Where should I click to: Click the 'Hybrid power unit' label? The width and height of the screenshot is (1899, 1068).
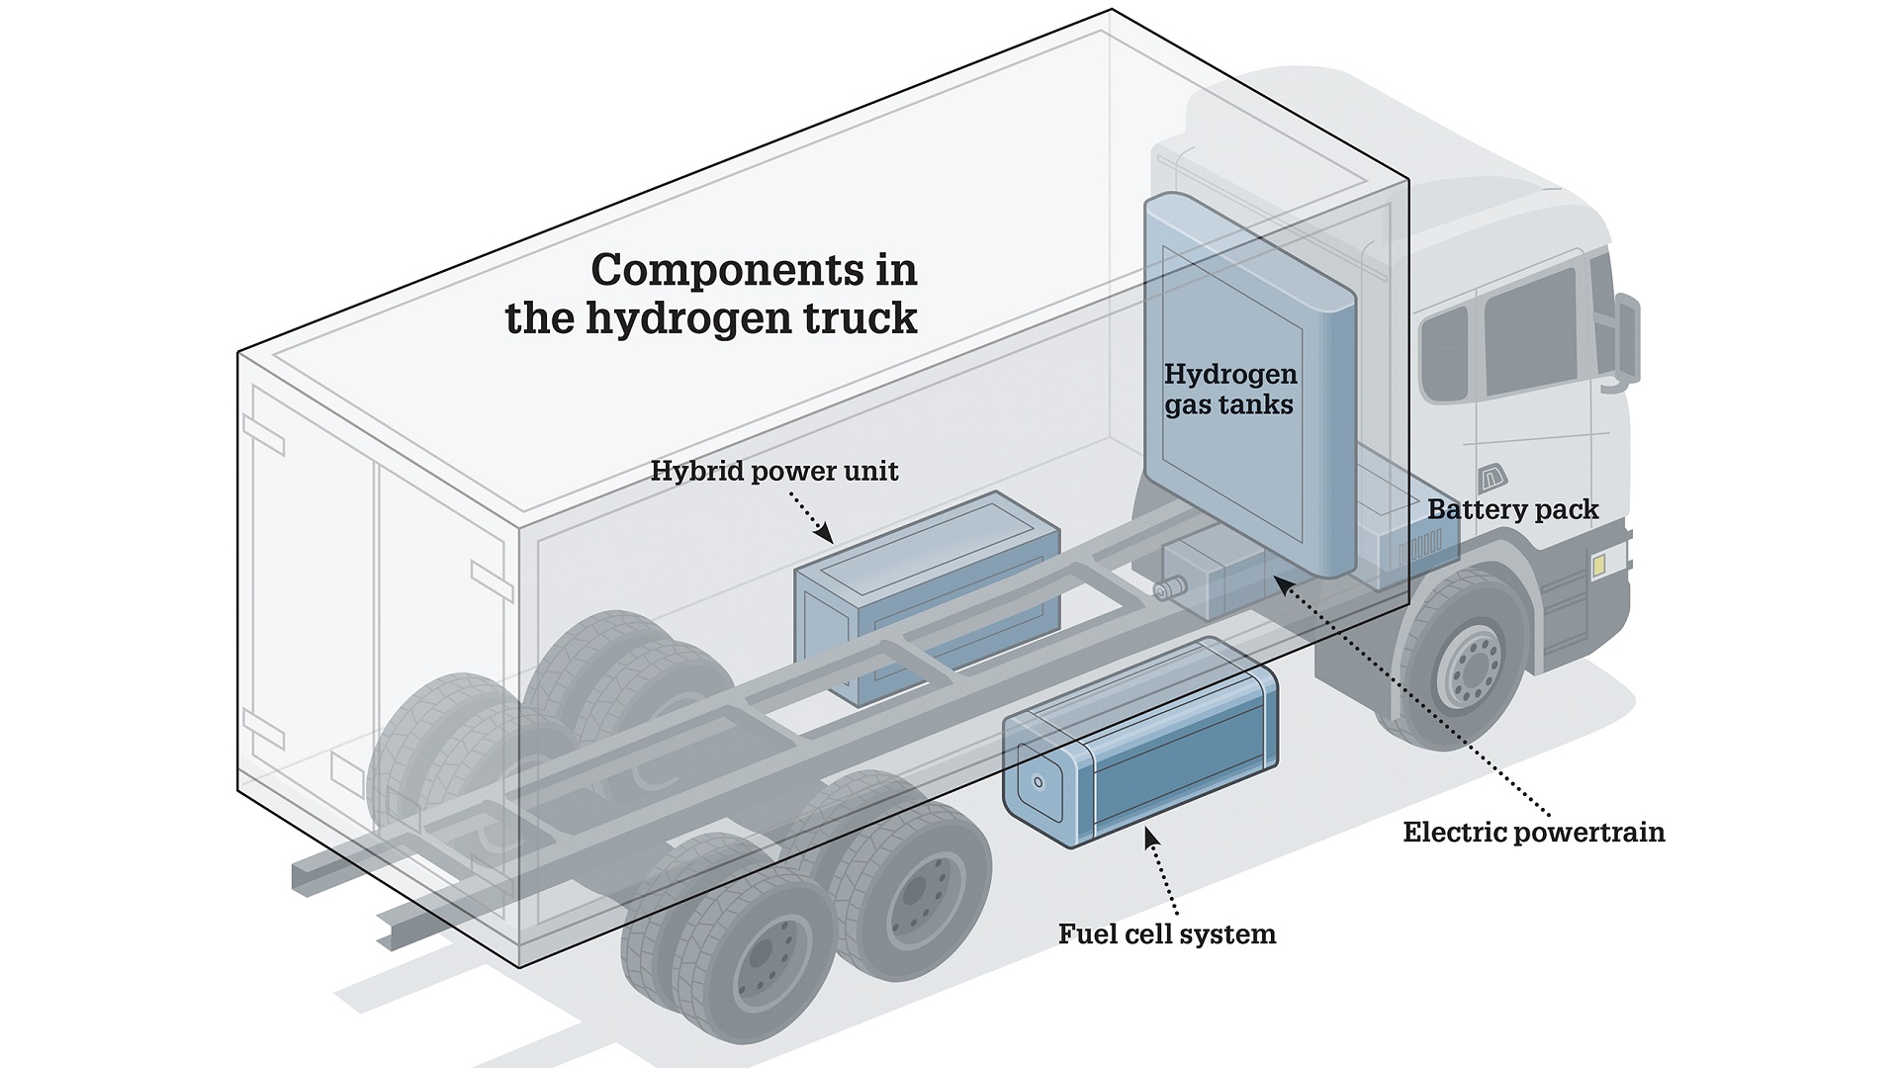click(x=773, y=471)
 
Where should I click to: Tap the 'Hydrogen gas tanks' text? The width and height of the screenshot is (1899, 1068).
click(x=1229, y=389)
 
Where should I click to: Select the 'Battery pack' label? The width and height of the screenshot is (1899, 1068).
click(x=1512, y=510)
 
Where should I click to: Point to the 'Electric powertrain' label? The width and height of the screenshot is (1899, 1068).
click(x=1533, y=832)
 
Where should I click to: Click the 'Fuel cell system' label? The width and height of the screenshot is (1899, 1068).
click(x=1166, y=934)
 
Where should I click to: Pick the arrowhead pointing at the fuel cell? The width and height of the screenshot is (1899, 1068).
click(x=1149, y=838)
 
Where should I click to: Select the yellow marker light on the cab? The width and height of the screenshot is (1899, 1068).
click(x=1598, y=565)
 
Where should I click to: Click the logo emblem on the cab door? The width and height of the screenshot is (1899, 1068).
click(x=1491, y=479)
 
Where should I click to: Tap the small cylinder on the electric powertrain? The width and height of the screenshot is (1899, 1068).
click(x=1171, y=588)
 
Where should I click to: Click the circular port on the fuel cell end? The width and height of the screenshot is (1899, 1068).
click(x=1038, y=782)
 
